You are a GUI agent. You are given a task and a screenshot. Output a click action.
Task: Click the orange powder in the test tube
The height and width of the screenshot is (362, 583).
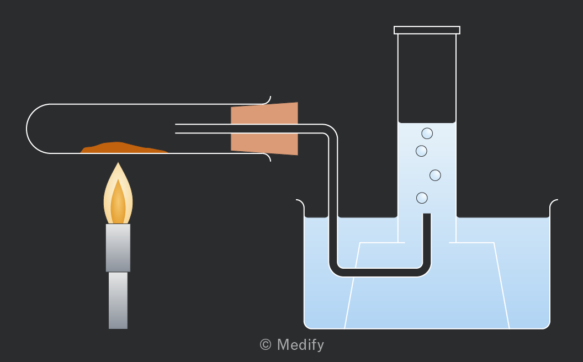(123, 148)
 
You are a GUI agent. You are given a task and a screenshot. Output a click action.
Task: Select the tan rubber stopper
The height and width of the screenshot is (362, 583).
(264, 129)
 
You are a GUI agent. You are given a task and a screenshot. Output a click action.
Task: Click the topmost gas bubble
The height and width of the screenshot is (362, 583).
(427, 133)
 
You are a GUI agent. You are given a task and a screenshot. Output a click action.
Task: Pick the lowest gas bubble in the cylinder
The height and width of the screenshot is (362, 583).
(422, 198)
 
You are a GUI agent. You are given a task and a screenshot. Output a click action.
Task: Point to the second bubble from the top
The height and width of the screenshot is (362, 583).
(421, 151)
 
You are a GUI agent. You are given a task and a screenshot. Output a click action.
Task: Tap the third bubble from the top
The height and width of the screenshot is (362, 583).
(435, 175)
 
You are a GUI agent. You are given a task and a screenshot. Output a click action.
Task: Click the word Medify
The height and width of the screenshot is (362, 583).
(300, 345)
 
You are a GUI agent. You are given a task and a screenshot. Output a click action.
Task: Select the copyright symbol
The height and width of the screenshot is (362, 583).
(266, 344)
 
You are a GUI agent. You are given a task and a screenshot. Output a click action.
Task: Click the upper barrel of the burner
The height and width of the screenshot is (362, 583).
(118, 248)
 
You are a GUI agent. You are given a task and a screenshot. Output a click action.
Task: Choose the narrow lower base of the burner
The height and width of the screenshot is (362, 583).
(118, 300)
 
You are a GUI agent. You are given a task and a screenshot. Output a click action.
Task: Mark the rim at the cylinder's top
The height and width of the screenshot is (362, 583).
(427, 30)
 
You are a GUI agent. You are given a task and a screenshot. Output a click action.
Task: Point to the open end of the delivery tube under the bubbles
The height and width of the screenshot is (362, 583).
(427, 215)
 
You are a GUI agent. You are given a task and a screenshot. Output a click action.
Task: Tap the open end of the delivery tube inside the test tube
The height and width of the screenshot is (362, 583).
(176, 129)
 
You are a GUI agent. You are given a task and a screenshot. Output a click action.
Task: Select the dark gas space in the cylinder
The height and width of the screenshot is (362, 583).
(427, 78)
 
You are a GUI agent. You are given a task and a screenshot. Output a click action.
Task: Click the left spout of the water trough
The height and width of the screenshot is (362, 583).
(300, 203)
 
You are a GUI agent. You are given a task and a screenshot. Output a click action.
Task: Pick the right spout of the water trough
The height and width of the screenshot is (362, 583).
(554, 203)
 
